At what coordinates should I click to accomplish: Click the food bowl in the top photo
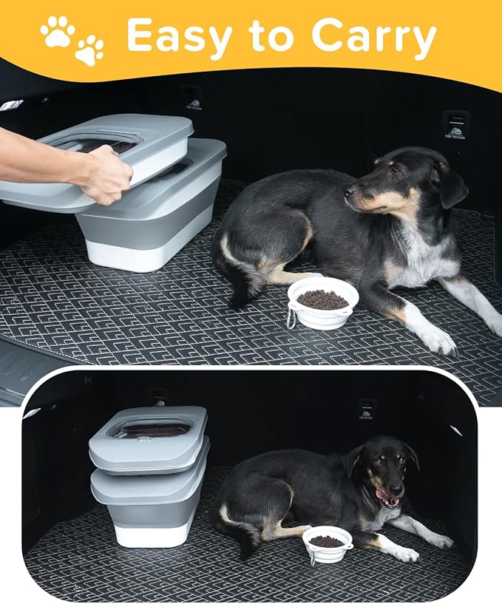(x=323, y=302)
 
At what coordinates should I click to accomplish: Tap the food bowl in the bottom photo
(x=327, y=543)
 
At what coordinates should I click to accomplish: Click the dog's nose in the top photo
(x=348, y=191)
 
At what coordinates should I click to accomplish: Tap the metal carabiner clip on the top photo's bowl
(x=291, y=319)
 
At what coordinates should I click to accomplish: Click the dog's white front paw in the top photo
(x=438, y=339)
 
